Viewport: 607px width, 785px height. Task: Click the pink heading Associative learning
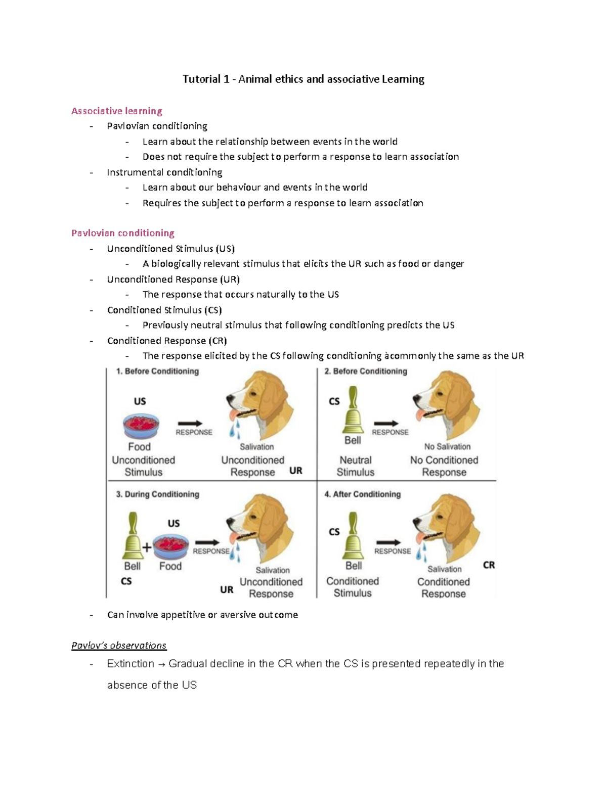116,111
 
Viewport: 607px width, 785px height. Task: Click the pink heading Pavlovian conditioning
122,233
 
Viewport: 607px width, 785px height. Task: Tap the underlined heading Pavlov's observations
119,645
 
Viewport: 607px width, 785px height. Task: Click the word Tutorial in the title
201,79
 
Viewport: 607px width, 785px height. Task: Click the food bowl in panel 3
171,546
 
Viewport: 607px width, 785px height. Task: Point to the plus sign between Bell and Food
147,547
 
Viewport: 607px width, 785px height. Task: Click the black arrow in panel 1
190,424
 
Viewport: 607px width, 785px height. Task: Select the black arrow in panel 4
388,543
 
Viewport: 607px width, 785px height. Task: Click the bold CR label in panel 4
489,565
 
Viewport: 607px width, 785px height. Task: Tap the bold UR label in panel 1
295,471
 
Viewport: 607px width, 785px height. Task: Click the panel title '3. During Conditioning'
157,494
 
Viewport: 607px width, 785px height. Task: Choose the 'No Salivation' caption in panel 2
447,447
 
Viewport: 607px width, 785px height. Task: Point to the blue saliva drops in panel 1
235,430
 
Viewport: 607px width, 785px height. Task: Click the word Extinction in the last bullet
131,664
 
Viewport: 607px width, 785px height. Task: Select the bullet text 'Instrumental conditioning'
164,172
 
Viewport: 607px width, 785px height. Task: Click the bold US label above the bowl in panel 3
174,523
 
